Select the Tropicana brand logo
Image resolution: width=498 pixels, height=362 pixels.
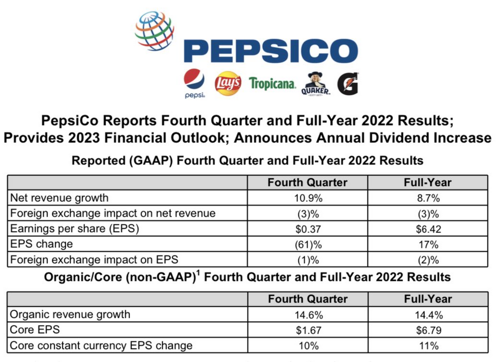click(x=272, y=84)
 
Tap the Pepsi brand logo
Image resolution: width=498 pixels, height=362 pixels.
click(x=194, y=83)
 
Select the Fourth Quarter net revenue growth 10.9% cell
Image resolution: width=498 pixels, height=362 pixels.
click(x=307, y=198)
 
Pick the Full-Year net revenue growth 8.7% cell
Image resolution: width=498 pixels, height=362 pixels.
click(x=427, y=198)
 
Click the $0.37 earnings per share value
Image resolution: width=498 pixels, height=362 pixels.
click(x=307, y=229)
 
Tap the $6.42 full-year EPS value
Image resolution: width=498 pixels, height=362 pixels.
click(x=427, y=229)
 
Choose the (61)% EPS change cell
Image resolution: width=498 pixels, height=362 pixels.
click(x=307, y=244)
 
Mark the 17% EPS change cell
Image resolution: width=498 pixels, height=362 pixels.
click(x=427, y=244)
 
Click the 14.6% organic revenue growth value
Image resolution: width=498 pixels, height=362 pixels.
click(x=307, y=315)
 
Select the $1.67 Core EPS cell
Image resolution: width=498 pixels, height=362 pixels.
click(x=307, y=330)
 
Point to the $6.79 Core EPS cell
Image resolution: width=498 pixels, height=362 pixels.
click(x=427, y=330)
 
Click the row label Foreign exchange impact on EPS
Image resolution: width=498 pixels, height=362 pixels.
click(x=94, y=259)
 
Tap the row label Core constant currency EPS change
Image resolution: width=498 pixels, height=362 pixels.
click(x=101, y=345)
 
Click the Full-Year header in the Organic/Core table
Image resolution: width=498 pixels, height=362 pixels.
click(x=427, y=299)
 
